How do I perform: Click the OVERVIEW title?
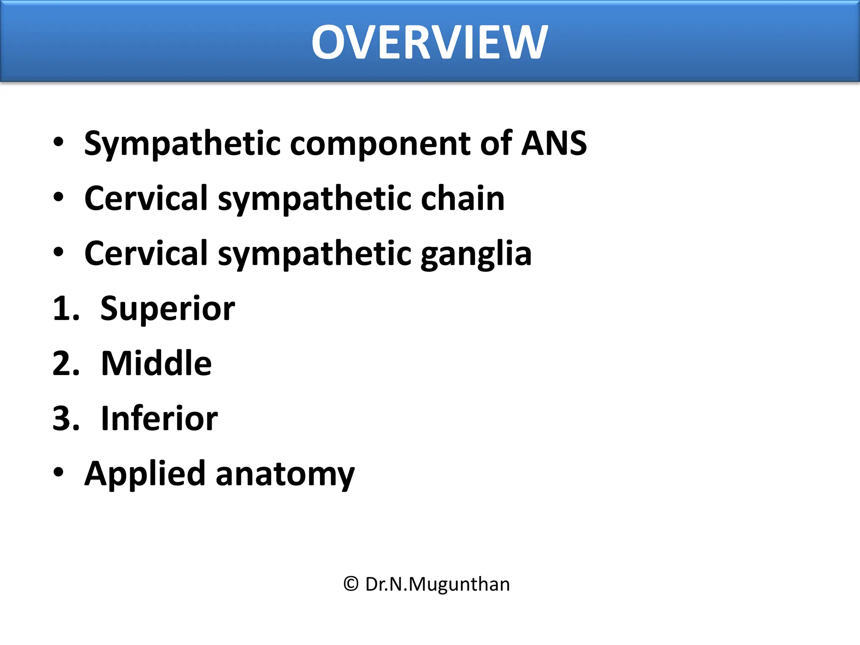tap(429, 42)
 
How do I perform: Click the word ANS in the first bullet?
tap(554, 143)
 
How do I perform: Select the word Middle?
tap(156, 363)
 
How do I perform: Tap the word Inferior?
tap(159, 418)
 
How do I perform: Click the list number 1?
tap(65, 309)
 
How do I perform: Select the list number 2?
tap(65, 364)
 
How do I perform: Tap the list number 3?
tap(65, 419)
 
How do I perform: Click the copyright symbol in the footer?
tap(351, 584)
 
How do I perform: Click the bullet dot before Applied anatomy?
tap(58, 472)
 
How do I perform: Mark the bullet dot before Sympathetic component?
tap(58, 142)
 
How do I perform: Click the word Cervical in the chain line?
tap(146, 198)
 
